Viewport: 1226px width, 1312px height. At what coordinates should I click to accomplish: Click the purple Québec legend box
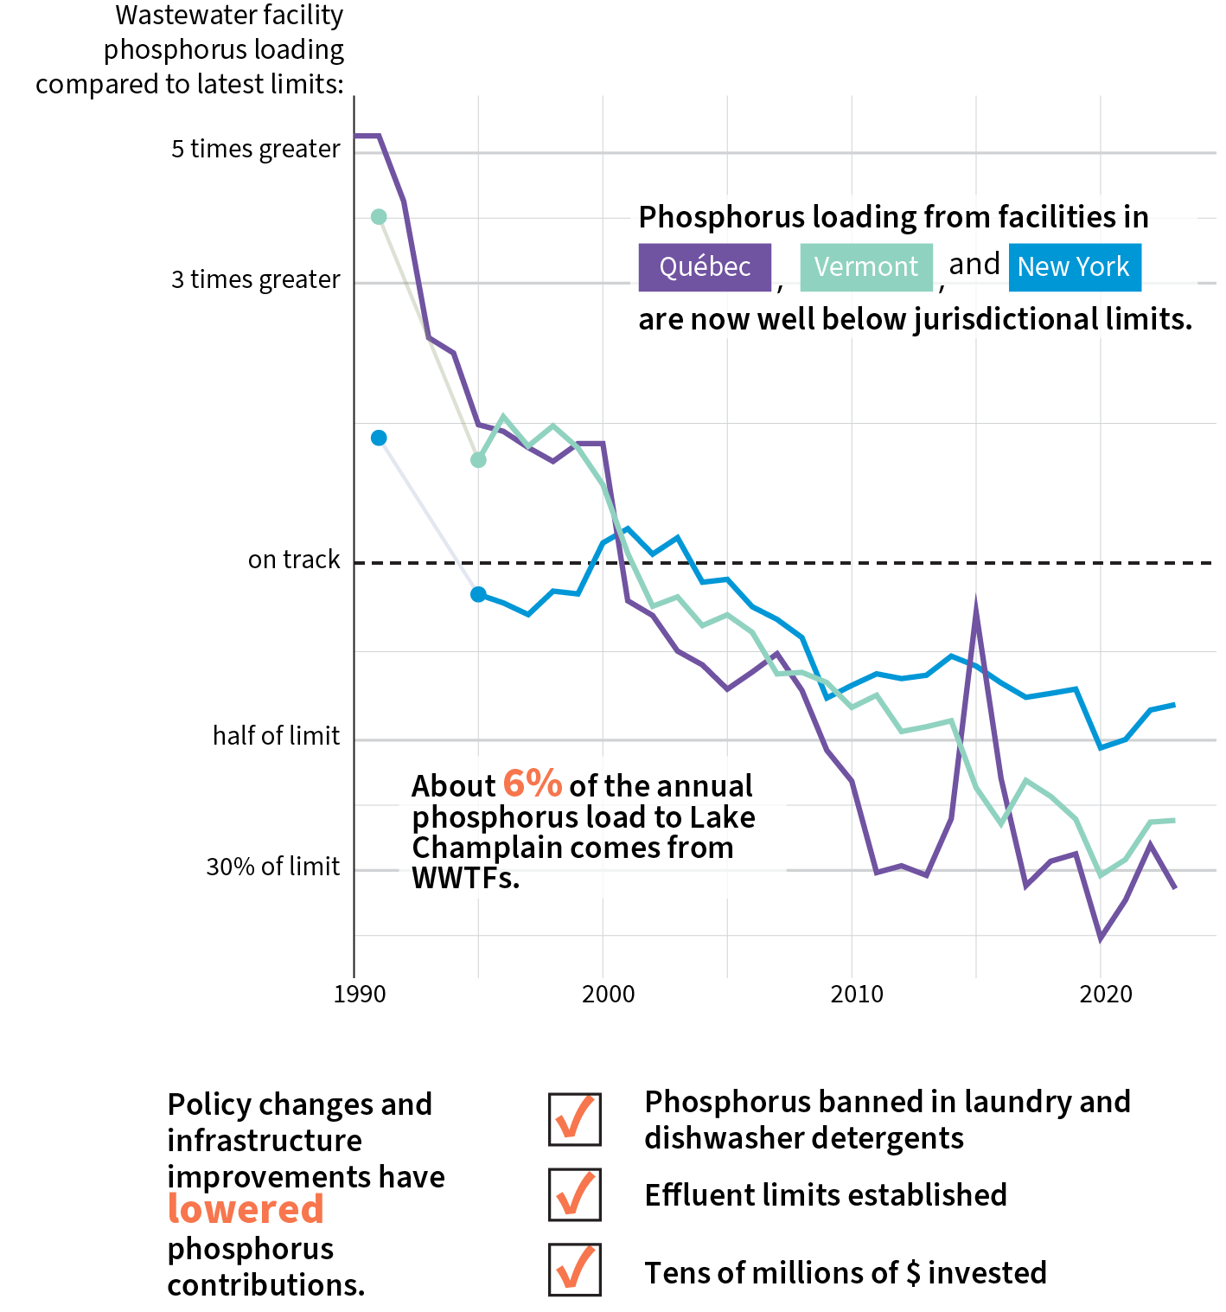click(704, 267)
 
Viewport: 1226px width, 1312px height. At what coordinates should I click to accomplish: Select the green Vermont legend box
click(865, 267)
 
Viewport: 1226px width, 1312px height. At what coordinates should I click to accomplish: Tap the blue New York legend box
click(1074, 267)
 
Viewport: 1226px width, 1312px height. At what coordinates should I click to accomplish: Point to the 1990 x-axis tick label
click(360, 995)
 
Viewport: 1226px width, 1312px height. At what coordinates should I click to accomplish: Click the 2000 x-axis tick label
click(608, 995)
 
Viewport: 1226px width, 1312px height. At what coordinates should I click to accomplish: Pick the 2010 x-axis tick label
click(857, 995)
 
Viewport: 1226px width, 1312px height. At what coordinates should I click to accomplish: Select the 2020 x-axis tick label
click(1105, 995)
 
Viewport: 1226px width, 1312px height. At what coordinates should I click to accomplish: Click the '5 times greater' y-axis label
click(256, 150)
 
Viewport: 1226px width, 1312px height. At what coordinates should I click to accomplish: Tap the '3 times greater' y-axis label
click(256, 280)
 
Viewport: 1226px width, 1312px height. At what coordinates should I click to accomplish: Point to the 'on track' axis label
click(294, 560)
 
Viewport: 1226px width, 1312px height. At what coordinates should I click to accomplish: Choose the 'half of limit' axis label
click(277, 736)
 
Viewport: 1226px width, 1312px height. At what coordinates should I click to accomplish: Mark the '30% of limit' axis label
click(273, 867)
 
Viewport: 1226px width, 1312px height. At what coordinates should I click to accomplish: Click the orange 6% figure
click(533, 784)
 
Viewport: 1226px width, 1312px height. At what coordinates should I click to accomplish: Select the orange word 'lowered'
click(246, 1209)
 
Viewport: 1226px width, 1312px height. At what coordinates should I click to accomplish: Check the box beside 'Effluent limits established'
click(574, 1195)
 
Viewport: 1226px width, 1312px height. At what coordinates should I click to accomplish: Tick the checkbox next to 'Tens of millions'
click(574, 1270)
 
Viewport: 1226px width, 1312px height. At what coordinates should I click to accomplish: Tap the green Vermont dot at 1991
click(379, 216)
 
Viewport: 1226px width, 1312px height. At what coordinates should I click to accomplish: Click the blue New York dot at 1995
click(478, 594)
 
